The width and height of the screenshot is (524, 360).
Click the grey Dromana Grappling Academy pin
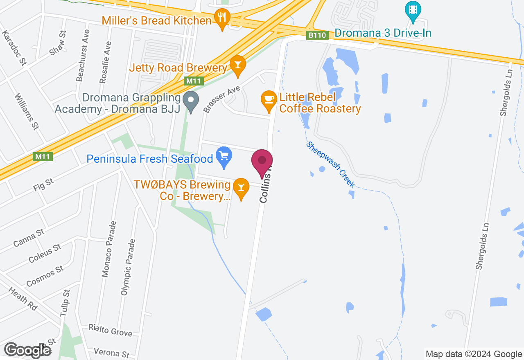click(190, 100)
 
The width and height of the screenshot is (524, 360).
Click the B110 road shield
click(317, 35)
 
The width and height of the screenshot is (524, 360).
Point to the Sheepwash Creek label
click(330, 165)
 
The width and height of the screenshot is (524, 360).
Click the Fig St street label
click(43, 185)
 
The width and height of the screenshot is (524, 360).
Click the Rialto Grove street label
click(111, 330)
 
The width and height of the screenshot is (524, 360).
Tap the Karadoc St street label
click(14, 48)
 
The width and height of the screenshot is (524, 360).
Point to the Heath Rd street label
click(23, 298)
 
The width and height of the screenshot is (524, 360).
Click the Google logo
click(27, 350)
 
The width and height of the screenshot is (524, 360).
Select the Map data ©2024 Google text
click(474, 354)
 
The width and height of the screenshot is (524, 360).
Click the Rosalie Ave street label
click(105, 62)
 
